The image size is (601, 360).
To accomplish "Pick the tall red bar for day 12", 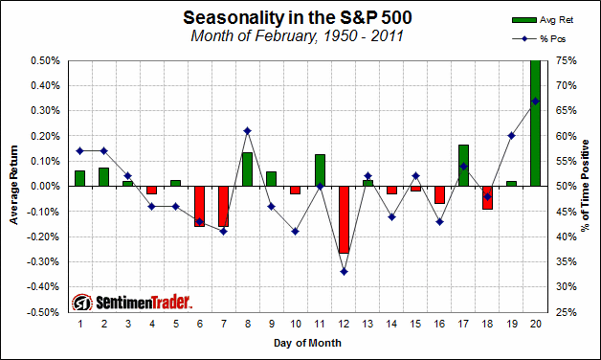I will click(x=344, y=219).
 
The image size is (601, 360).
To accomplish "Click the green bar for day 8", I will click(x=247, y=169).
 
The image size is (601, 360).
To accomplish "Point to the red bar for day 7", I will click(x=223, y=206).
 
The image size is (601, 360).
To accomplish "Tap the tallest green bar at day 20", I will click(x=535, y=123).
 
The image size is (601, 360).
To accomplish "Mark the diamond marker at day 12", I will click(x=344, y=271).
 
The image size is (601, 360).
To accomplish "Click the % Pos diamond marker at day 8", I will click(x=247, y=130).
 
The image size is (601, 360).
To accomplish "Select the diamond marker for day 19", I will click(x=511, y=136).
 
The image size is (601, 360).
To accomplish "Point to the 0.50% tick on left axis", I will click(x=46, y=60).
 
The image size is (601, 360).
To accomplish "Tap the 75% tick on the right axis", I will click(x=565, y=60).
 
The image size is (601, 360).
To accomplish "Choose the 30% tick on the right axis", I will click(x=565, y=286).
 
